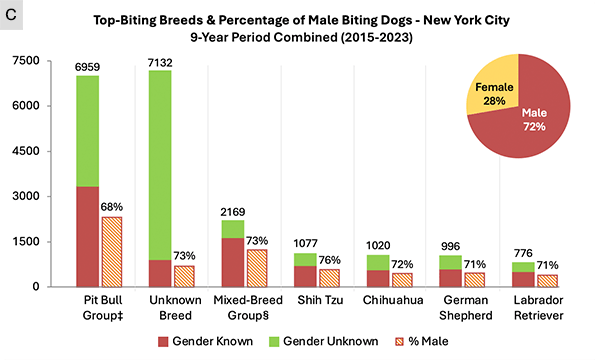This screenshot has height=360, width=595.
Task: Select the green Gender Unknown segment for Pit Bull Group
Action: tap(88, 131)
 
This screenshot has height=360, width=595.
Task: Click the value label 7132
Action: tap(160, 63)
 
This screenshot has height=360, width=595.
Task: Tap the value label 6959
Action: tap(88, 68)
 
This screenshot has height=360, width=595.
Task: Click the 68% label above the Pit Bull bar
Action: tap(112, 208)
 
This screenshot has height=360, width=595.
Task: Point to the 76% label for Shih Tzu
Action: tap(329, 261)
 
